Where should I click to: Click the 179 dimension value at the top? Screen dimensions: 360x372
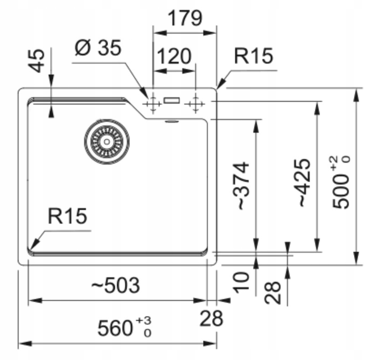tap(185, 19)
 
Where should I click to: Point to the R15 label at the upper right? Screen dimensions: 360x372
tap(254, 56)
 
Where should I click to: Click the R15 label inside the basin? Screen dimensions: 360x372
tap(67, 216)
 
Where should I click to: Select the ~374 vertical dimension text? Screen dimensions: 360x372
tap(241, 185)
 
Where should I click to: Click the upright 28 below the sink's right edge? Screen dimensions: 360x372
tap(211, 318)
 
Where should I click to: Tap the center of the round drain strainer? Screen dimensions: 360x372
tap(106, 141)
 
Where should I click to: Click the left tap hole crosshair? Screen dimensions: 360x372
tap(153, 104)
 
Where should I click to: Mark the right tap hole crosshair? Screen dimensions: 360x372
tap(196, 104)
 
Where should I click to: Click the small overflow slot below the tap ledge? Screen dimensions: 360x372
tap(172, 121)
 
